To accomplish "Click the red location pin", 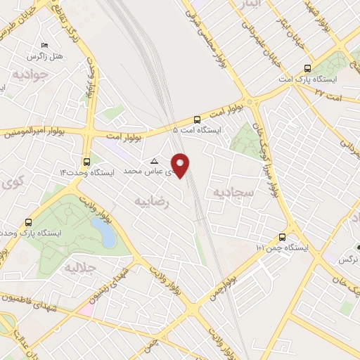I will (181, 165).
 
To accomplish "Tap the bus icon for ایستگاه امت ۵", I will (197, 120).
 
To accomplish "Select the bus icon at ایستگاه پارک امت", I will (307, 69).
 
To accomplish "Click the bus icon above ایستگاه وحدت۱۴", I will (86, 161).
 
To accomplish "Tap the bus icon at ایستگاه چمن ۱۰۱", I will (282, 237).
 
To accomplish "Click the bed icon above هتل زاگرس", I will (45, 44).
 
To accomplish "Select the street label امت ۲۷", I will (328, 92).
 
